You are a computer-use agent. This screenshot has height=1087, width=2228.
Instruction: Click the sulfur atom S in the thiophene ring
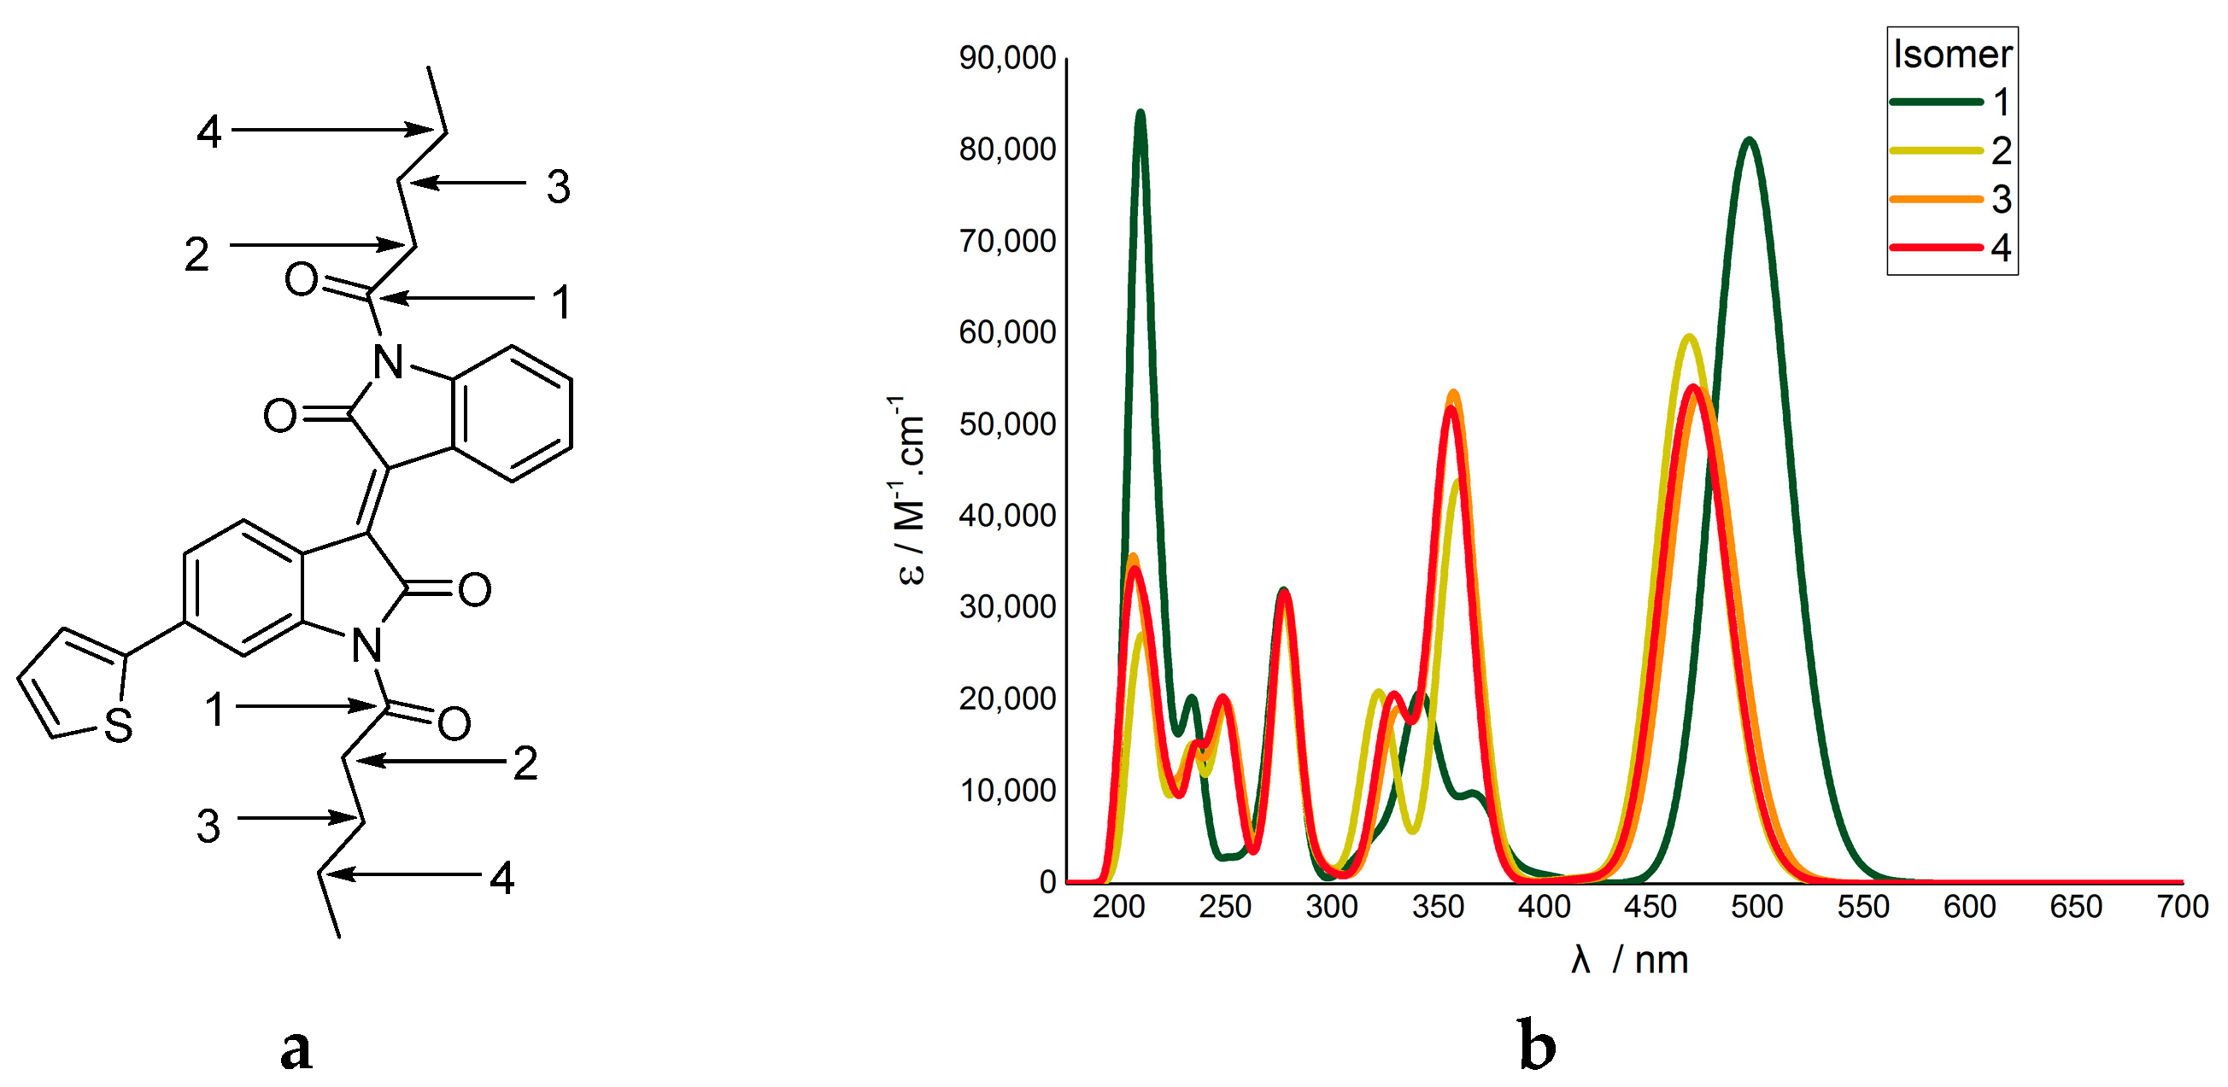click(x=119, y=725)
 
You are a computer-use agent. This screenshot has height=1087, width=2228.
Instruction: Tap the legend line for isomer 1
click(x=1936, y=102)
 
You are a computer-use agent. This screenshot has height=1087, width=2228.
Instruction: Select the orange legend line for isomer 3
click(x=1936, y=199)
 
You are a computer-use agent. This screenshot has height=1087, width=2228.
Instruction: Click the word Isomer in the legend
click(x=1952, y=54)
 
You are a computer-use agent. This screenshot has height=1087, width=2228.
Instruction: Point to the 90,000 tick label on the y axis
click(x=1007, y=58)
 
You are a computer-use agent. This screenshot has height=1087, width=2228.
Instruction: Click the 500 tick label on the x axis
click(x=1756, y=906)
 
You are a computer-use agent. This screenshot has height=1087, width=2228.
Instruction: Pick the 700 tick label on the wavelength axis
click(x=2182, y=906)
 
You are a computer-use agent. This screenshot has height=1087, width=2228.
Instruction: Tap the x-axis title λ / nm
click(x=1629, y=960)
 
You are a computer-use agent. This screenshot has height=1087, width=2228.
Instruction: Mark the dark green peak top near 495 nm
click(x=1750, y=140)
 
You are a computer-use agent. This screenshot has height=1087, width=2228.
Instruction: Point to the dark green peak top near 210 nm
click(x=1140, y=113)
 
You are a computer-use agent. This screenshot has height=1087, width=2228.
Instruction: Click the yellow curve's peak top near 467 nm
click(x=1688, y=336)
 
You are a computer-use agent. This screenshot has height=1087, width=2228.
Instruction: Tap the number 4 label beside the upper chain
click(x=208, y=132)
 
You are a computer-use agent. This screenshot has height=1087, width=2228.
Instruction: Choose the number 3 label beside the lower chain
click(x=208, y=826)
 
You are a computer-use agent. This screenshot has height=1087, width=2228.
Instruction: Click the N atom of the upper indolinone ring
click(x=389, y=362)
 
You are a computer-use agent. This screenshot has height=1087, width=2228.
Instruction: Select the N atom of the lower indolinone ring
click(x=367, y=645)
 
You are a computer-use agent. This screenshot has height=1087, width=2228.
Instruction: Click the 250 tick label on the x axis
click(x=1225, y=906)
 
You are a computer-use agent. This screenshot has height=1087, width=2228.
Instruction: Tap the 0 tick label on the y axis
click(x=1047, y=881)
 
